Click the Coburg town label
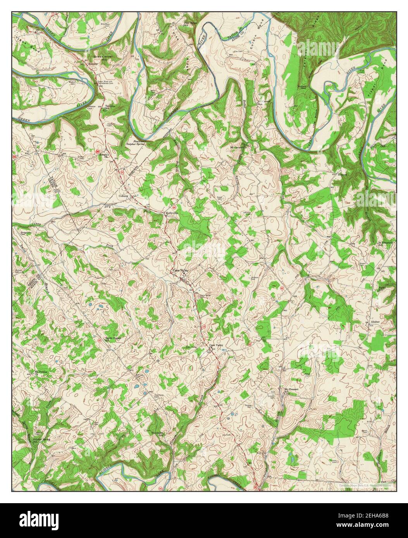pyautogui.click(x=124, y=196)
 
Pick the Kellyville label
pyautogui.click(x=172, y=213)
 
